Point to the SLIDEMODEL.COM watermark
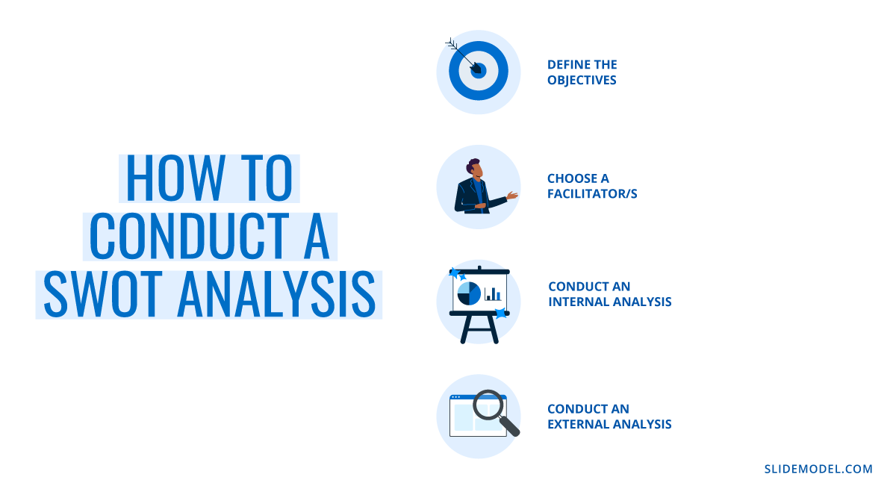pos(818,469)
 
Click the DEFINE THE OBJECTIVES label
pos(582,72)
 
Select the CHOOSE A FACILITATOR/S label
pos(591,186)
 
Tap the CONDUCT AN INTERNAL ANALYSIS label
pos(609,294)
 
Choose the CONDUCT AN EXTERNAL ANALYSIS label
pos(609,417)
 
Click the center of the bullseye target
pos(479,71)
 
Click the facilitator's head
pos(475,168)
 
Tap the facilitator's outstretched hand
pos(512,196)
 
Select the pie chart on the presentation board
pos(469,293)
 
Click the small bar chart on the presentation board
pos(493,294)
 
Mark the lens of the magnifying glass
pos(489,404)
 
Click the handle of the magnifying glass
pos(511,427)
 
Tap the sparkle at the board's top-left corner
pos(453,273)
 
